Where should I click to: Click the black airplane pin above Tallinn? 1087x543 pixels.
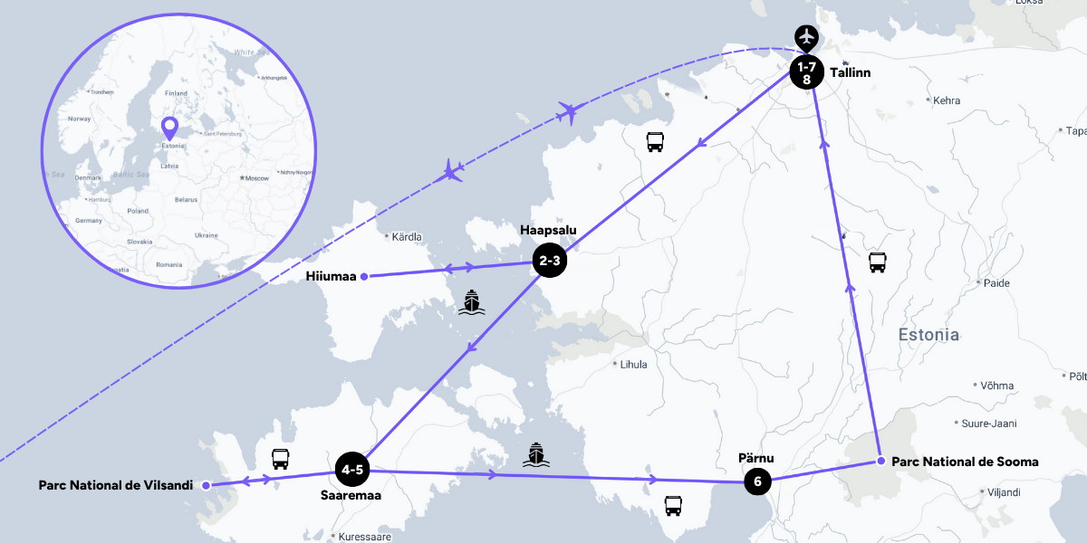click(x=806, y=38)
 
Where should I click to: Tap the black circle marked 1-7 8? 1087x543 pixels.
click(x=806, y=72)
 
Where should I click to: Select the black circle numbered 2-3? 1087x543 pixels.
click(x=550, y=262)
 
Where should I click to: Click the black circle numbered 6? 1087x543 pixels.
click(x=757, y=482)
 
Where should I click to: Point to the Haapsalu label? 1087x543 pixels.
click(x=548, y=231)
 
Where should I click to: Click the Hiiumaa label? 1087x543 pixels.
click(x=331, y=276)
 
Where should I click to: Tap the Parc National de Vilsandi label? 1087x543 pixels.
click(x=116, y=485)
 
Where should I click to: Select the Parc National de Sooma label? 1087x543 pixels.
click(x=966, y=462)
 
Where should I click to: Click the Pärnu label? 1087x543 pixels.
click(x=756, y=458)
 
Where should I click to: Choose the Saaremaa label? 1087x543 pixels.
click(x=351, y=495)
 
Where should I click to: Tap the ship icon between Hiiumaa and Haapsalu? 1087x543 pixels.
click(x=470, y=302)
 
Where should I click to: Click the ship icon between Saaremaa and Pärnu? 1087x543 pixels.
click(x=535, y=455)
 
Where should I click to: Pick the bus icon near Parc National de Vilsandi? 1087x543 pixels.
click(x=280, y=459)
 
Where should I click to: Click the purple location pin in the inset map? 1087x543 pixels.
click(x=169, y=128)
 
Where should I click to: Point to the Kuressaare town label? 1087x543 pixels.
click(x=364, y=537)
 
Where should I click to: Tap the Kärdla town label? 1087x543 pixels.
click(x=407, y=237)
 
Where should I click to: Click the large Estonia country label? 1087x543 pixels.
click(x=928, y=335)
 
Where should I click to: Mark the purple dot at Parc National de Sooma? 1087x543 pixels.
click(x=880, y=462)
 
